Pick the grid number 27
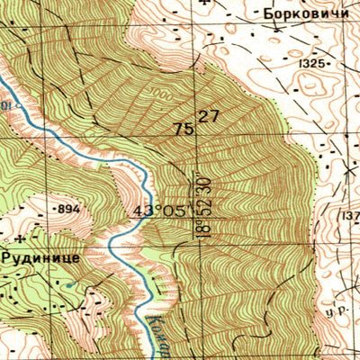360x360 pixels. [x=209, y=116]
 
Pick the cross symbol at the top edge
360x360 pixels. [x=208, y=4]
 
